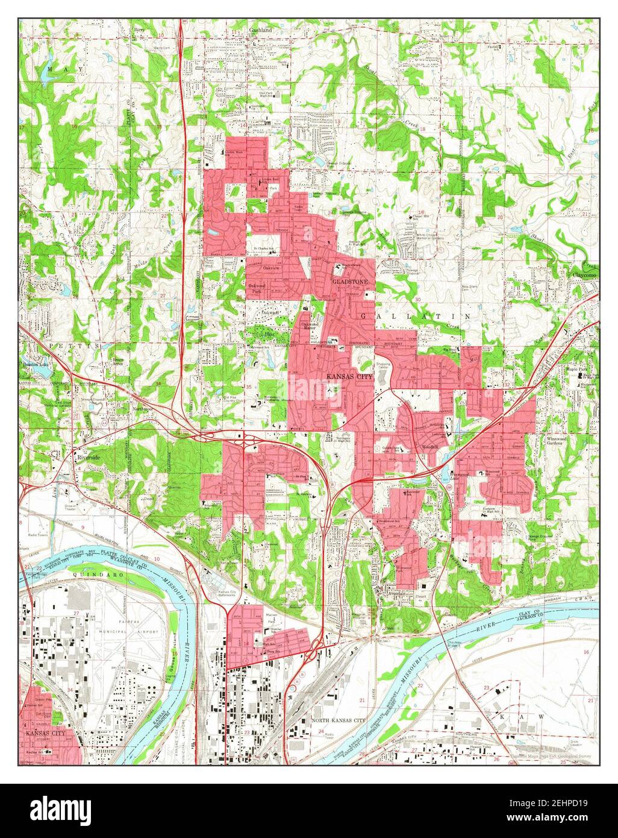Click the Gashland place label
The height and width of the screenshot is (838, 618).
260,30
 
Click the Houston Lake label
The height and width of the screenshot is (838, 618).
36,365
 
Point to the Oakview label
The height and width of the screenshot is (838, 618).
271,268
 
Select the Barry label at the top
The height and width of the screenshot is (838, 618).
140,28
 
